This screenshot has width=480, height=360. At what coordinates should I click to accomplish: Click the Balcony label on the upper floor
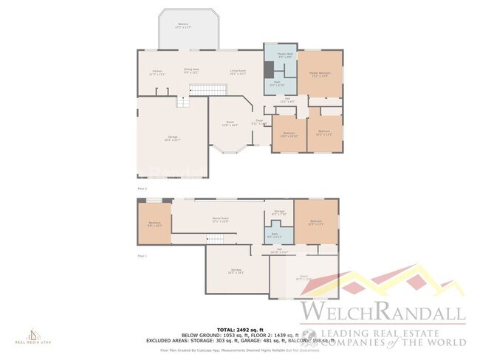point(183,26)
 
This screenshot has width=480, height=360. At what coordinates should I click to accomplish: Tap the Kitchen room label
point(157,72)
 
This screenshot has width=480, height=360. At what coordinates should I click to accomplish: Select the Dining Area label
point(192,72)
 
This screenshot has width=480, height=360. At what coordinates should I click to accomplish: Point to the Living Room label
point(237,72)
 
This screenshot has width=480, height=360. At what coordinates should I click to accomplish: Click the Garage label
point(172,138)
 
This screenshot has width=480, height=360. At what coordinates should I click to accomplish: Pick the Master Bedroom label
point(320,73)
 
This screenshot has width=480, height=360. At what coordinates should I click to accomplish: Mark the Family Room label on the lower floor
point(220,220)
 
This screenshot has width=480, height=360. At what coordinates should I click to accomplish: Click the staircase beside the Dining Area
point(202,90)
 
